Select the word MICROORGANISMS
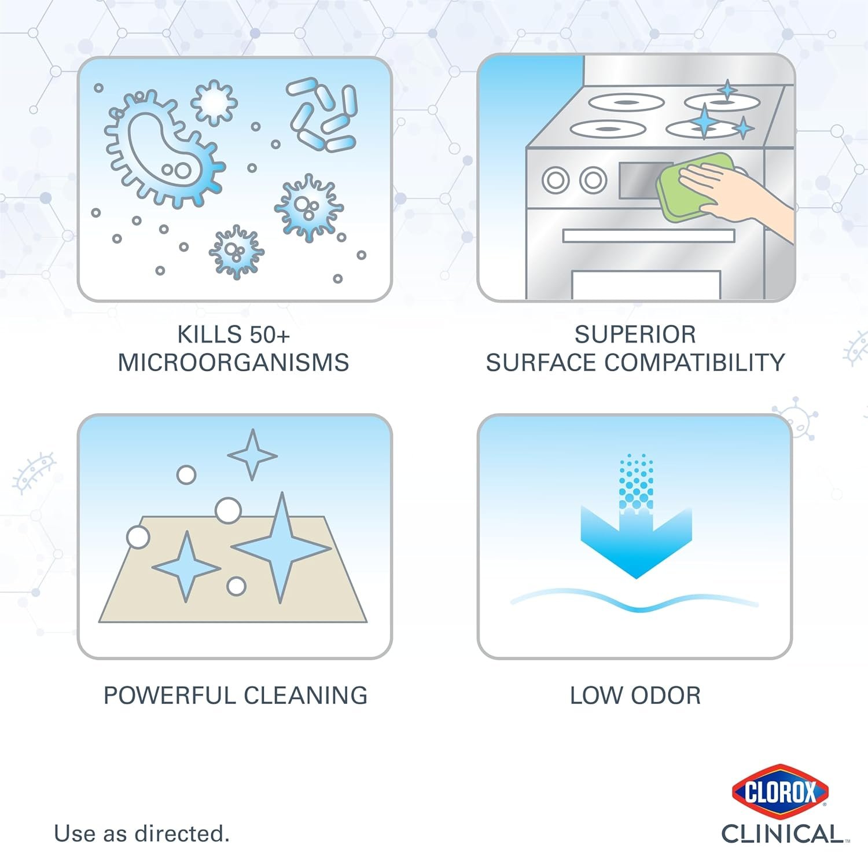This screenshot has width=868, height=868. point(233,363)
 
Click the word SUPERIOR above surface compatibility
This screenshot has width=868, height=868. point(635,334)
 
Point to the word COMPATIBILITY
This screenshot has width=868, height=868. point(694,363)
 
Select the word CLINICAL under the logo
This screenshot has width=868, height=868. point(782,834)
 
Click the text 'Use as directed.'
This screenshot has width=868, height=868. point(142,834)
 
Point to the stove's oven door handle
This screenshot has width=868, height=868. point(649,236)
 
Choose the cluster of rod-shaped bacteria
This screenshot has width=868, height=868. point(322,114)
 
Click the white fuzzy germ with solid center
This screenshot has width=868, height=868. point(214,102)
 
